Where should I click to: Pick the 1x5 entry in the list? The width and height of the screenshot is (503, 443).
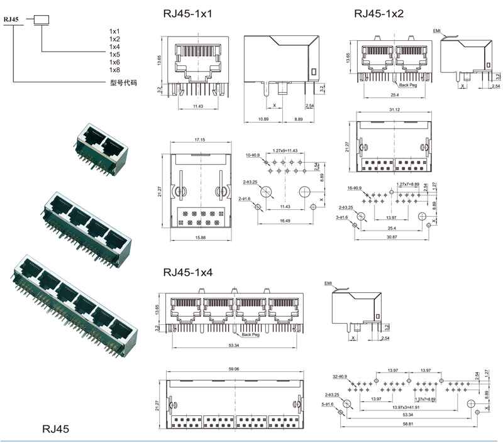pos(114,55)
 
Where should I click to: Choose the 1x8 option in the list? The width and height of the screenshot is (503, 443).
pos(114,70)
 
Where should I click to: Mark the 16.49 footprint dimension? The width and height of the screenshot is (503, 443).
pos(285,221)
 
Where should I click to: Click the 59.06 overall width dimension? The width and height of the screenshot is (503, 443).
pos(234,369)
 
